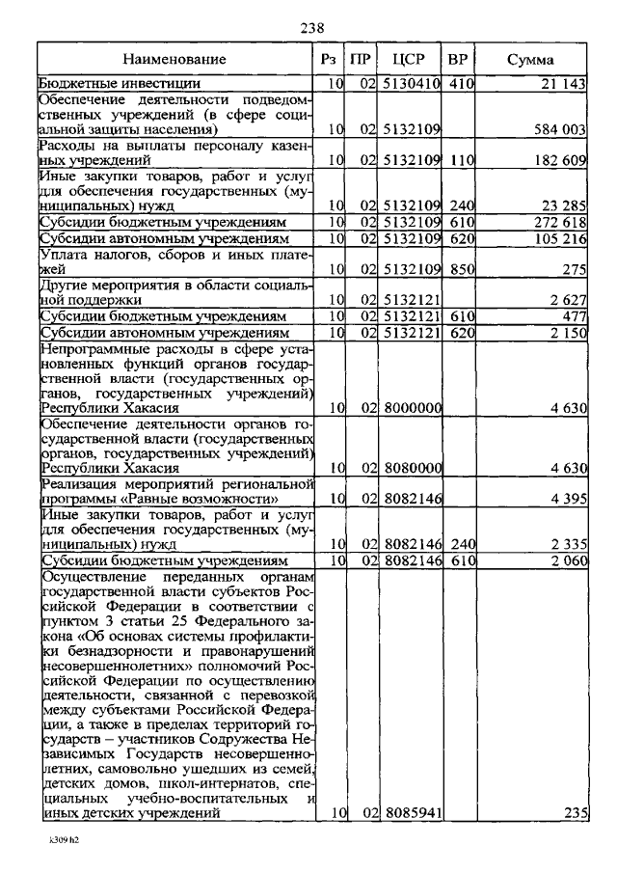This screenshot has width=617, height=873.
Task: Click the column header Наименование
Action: (174, 61)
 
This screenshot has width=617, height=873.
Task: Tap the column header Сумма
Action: (529, 61)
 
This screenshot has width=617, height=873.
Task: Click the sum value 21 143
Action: (563, 85)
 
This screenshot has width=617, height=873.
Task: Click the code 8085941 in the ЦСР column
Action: (412, 813)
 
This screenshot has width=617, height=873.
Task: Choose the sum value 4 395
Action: (568, 499)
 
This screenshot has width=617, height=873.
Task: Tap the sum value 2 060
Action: (568, 559)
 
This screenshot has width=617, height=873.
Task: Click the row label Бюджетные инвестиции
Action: (106, 85)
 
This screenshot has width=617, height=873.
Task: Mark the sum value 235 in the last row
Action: (576, 813)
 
